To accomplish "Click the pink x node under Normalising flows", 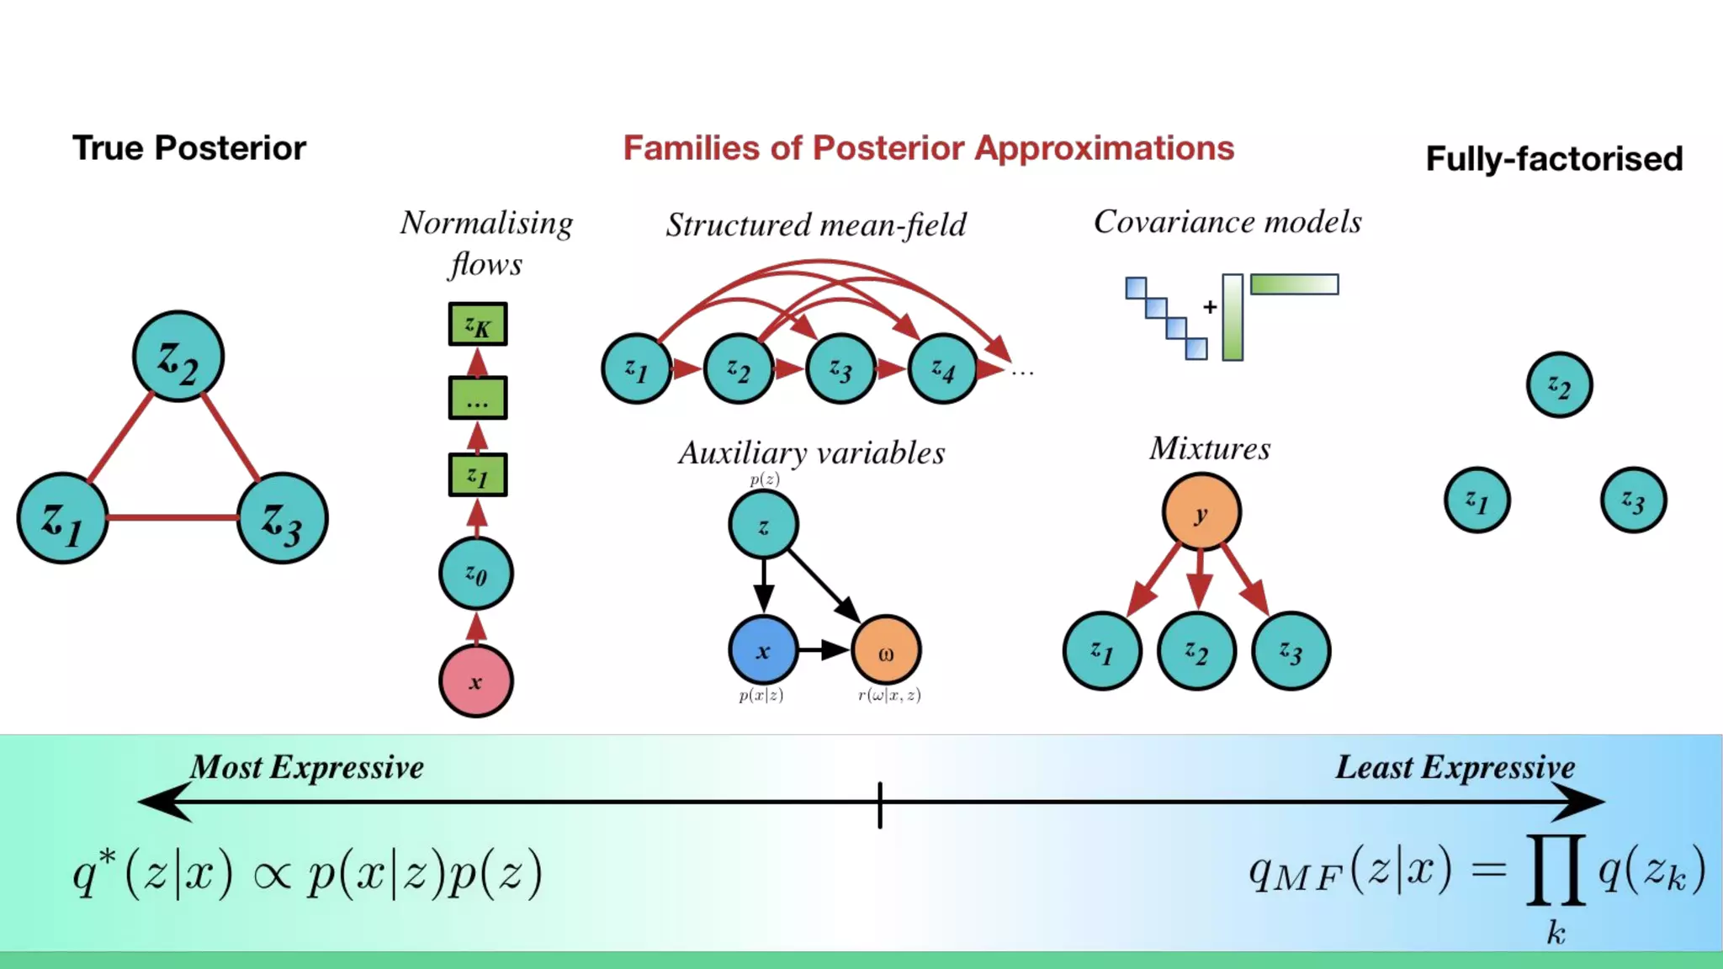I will pyautogui.click(x=475, y=680).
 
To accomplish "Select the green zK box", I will pyautogui.click(x=477, y=324).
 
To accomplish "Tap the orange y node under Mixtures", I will pyautogui.click(x=1201, y=512).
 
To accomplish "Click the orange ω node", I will pyautogui.click(x=886, y=650).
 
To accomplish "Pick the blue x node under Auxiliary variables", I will pyautogui.click(x=763, y=650).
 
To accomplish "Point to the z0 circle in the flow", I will pyautogui.click(x=475, y=574).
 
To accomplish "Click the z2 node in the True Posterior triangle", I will pyautogui.click(x=178, y=357).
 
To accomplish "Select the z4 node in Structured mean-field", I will pyautogui.click(x=942, y=368).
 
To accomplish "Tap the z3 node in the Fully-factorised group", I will pyautogui.click(x=1633, y=500).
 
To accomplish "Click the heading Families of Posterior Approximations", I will pyautogui.click(x=928, y=148).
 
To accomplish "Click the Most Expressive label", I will pyautogui.click(x=307, y=767).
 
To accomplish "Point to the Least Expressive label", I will pyautogui.click(x=1455, y=767).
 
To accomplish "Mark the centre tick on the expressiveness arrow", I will pyautogui.click(x=880, y=804).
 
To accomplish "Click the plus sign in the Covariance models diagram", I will pyautogui.click(x=1210, y=307).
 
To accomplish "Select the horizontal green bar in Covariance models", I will pyautogui.click(x=1294, y=284).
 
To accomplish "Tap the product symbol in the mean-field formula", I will pyautogui.click(x=1556, y=870).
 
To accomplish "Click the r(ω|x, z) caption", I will pyautogui.click(x=889, y=695).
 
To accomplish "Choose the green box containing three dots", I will pyautogui.click(x=477, y=398).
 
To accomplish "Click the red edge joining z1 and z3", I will pyautogui.click(x=172, y=517).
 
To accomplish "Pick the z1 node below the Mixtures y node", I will pyautogui.click(x=1102, y=651).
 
